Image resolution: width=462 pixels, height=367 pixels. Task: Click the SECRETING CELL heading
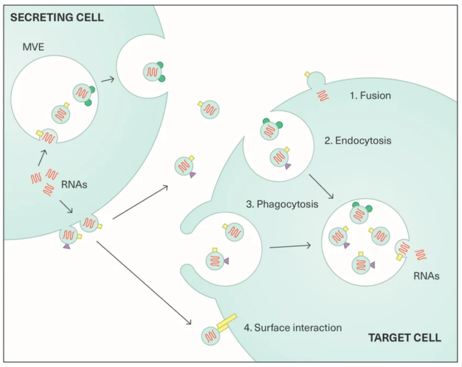coord(57,17)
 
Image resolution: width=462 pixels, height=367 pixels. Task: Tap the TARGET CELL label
coord(405,338)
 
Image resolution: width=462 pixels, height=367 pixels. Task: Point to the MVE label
coord(33,47)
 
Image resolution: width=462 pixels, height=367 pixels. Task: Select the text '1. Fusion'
coord(370,95)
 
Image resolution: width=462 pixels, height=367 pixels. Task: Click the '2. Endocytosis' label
coord(357,140)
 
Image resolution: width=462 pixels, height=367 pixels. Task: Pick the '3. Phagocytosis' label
coord(282,204)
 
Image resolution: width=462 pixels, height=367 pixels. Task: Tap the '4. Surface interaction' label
coord(293,328)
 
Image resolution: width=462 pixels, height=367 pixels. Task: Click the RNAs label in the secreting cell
coord(74,185)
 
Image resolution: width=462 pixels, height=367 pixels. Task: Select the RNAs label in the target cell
coord(426,276)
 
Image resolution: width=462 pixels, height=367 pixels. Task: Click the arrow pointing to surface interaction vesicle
coord(144,283)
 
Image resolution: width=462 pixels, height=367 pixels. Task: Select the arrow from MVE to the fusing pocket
coord(107,80)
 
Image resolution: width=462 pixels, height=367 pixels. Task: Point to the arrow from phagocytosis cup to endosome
coord(290,246)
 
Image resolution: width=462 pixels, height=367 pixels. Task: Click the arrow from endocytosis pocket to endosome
coord(321,187)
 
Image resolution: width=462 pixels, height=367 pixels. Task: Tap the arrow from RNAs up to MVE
coord(42,158)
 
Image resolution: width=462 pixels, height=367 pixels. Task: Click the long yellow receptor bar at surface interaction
coord(227,321)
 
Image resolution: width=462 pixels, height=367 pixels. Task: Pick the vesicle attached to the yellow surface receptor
coord(211,336)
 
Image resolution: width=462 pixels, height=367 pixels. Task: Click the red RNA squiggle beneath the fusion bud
coord(323,96)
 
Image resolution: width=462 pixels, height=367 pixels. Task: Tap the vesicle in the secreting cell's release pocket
coord(152,72)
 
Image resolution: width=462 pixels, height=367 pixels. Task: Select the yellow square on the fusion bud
coord(307,74)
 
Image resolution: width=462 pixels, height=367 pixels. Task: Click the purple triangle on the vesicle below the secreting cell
coord(66,247)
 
